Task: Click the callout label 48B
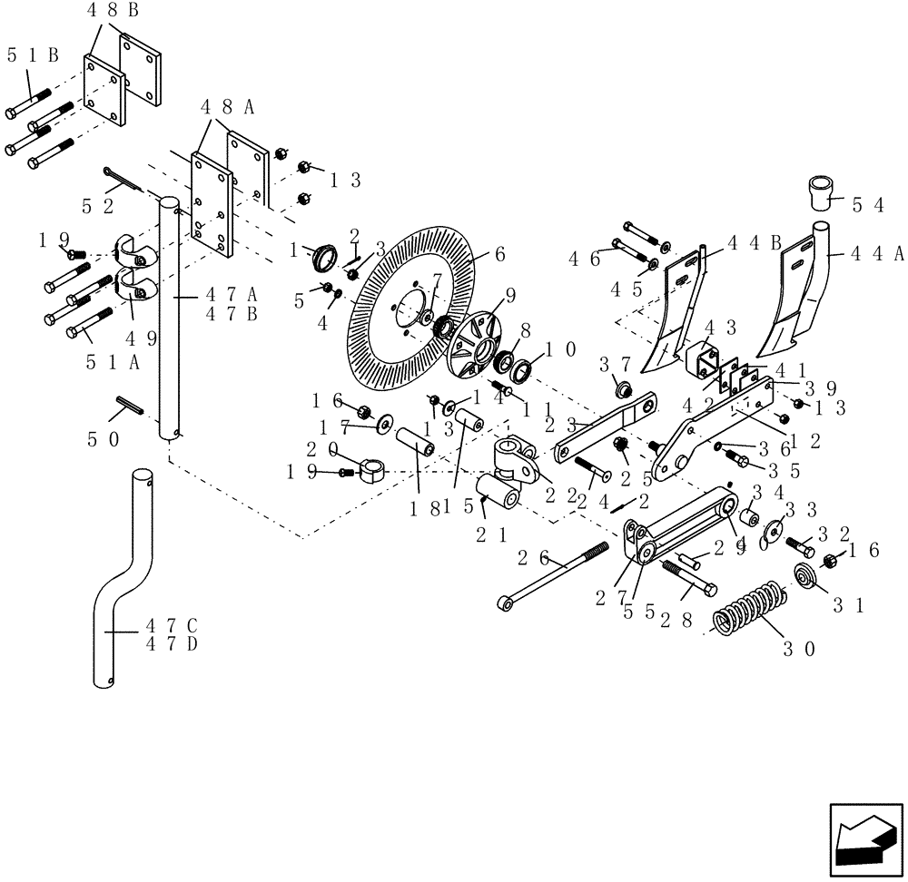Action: [x=113, y=12]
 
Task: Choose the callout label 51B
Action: [x=33, y=54]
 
